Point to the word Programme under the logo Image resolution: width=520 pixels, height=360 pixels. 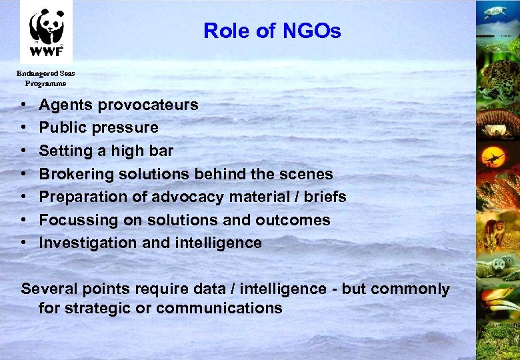[45, 84]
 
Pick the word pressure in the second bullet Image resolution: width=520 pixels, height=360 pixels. [126, 127]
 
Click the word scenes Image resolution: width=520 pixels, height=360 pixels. [308, 174]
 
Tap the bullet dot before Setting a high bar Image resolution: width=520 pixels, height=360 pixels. [23, 151]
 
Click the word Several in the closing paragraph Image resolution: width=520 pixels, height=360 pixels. [49, 289]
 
